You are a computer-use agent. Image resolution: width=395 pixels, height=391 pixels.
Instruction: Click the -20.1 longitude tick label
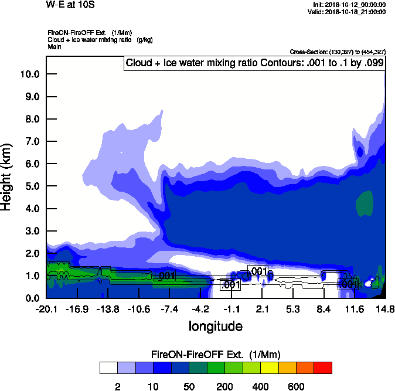tap(46, 309)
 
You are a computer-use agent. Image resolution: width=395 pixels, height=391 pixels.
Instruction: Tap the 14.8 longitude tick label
tap(385, 309)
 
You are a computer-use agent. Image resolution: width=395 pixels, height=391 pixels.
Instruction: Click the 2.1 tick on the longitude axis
tap(262, 309)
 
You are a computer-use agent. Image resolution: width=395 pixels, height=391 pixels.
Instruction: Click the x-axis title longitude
tap(215, 326)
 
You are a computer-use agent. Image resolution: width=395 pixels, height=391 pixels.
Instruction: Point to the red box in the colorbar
tap(323, 368)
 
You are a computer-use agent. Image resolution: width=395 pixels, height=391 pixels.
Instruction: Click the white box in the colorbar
tap(108, 368)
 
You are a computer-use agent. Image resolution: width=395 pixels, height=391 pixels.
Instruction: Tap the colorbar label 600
tap(296, 386)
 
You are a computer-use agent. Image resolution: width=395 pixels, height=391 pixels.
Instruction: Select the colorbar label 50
tap(189, 386)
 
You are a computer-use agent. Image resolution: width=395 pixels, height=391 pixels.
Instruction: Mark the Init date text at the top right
tap(350, 5)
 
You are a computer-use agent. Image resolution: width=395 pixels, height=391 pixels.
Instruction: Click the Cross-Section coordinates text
tap(338, 52)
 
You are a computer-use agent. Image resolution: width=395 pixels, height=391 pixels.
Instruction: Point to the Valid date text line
tap(349, 12)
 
